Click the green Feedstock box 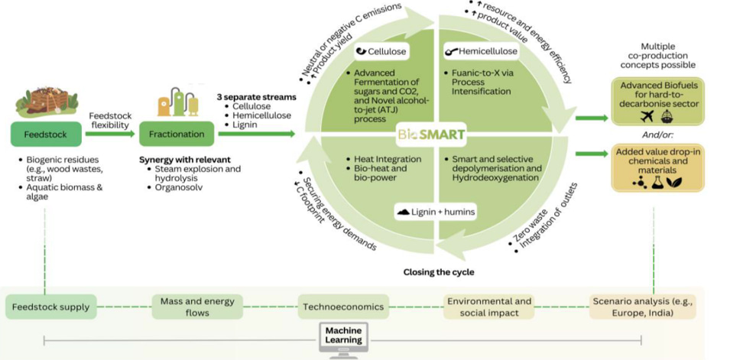[46, 135]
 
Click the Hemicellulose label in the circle [482, 52]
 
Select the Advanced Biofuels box [657, 101]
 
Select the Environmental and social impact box [489, 307]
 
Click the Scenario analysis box [643, 307]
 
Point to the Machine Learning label [343, 336]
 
